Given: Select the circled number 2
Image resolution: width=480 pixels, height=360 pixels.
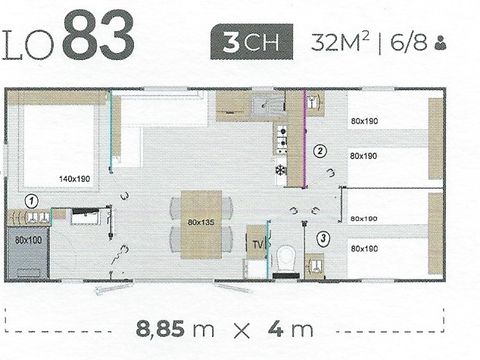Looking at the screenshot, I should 320,152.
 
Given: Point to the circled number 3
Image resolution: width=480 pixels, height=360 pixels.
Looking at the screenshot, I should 323,238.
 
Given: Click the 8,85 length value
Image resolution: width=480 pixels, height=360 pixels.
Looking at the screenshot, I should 170,327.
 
